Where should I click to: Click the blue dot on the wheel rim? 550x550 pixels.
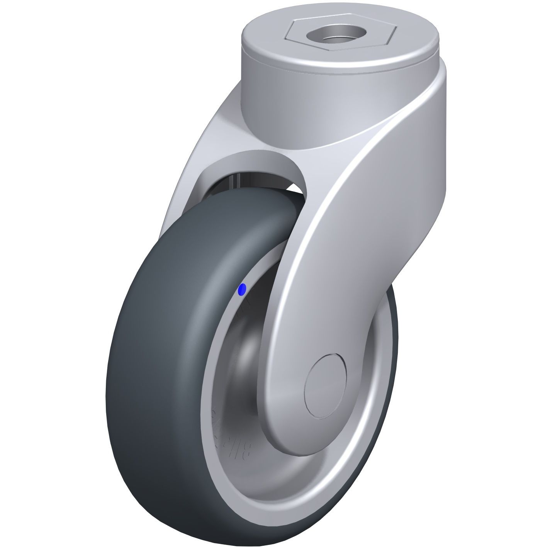point(243,289)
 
